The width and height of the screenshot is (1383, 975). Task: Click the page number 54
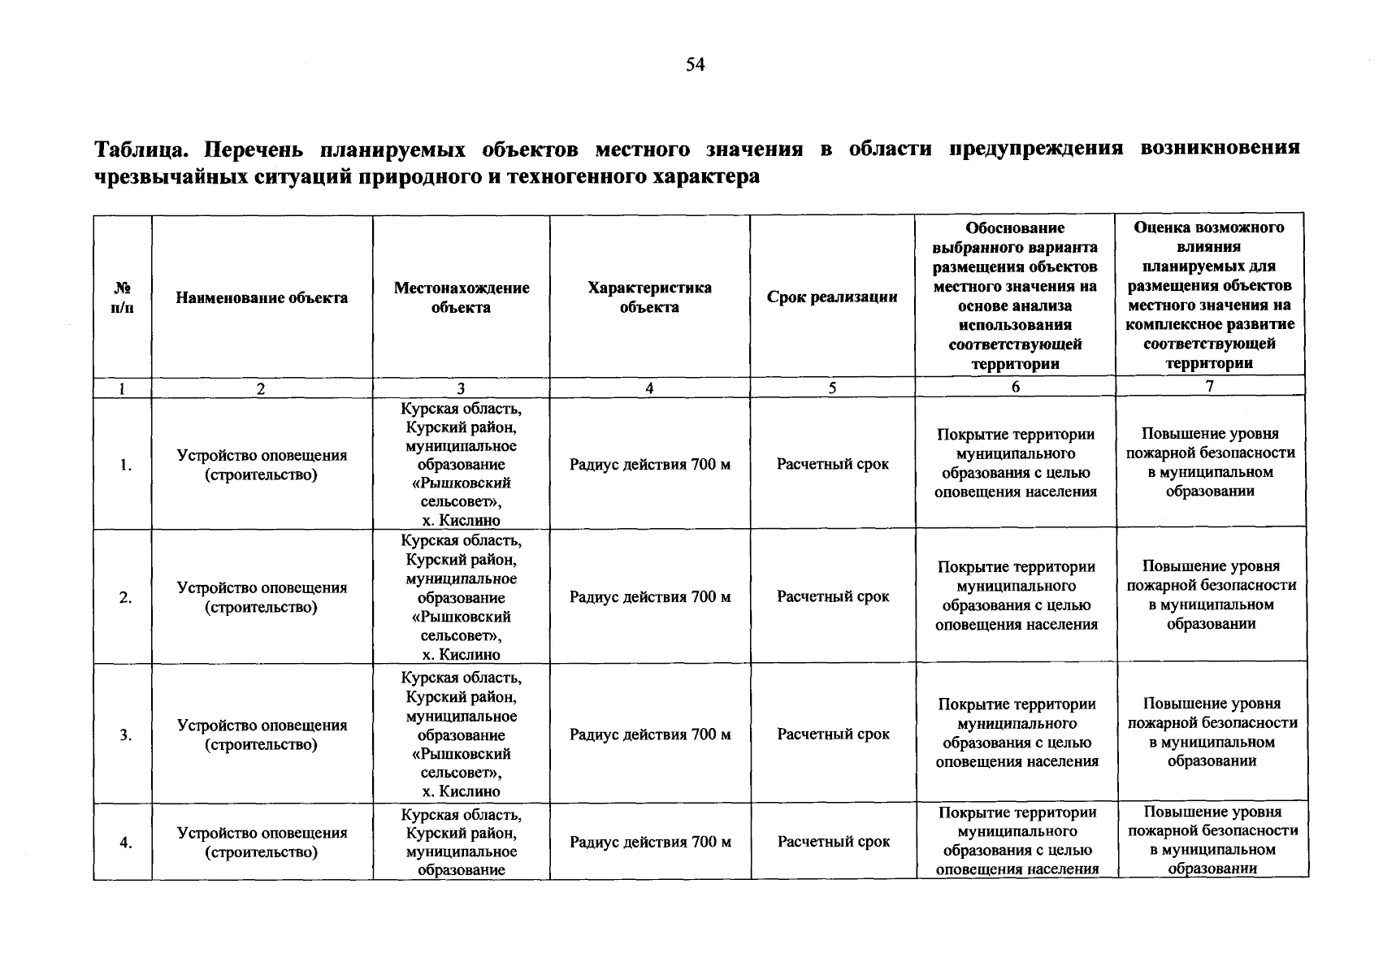tap(695, 65)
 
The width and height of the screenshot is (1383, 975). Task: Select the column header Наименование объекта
tap(262, 297)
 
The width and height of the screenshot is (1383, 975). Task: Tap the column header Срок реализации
tap(832, 297)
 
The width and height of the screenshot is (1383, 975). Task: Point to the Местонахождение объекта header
tap(461, 297)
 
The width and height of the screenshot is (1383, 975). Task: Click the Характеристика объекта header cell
tap(649, 297)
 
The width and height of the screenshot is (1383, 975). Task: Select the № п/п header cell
tap(122, 297)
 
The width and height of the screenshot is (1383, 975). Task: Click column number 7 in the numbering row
tap(1209, 387)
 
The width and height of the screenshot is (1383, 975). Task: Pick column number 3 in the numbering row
tap(461, 388)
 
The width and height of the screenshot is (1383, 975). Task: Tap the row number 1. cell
tap(125, 465)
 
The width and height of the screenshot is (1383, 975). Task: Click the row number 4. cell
tap(125, 843)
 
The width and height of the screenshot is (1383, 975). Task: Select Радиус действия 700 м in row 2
tap(649, 597)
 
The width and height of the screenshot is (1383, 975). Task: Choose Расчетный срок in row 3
tap(833, 734)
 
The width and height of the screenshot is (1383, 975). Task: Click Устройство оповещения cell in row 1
tap(262, 465)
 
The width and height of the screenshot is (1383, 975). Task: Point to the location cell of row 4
tap(461, 843)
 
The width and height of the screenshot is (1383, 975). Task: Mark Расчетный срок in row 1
tap(832, 465)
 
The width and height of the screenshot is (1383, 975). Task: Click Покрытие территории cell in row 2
tap(1016, 596)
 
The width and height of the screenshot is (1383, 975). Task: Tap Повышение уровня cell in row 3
tap(1212, 733)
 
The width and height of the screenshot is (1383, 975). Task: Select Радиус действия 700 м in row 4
tap(649, 843)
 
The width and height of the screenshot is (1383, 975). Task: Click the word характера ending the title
tap(707, 176)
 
